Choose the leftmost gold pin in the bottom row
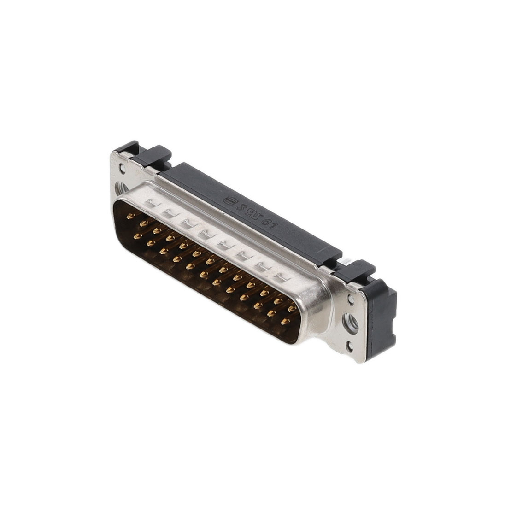coord(136,236)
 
